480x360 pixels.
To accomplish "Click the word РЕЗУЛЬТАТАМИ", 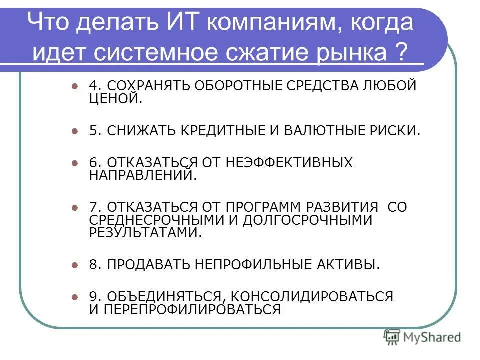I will [146, 232].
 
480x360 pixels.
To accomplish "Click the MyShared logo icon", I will [392, 337].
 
